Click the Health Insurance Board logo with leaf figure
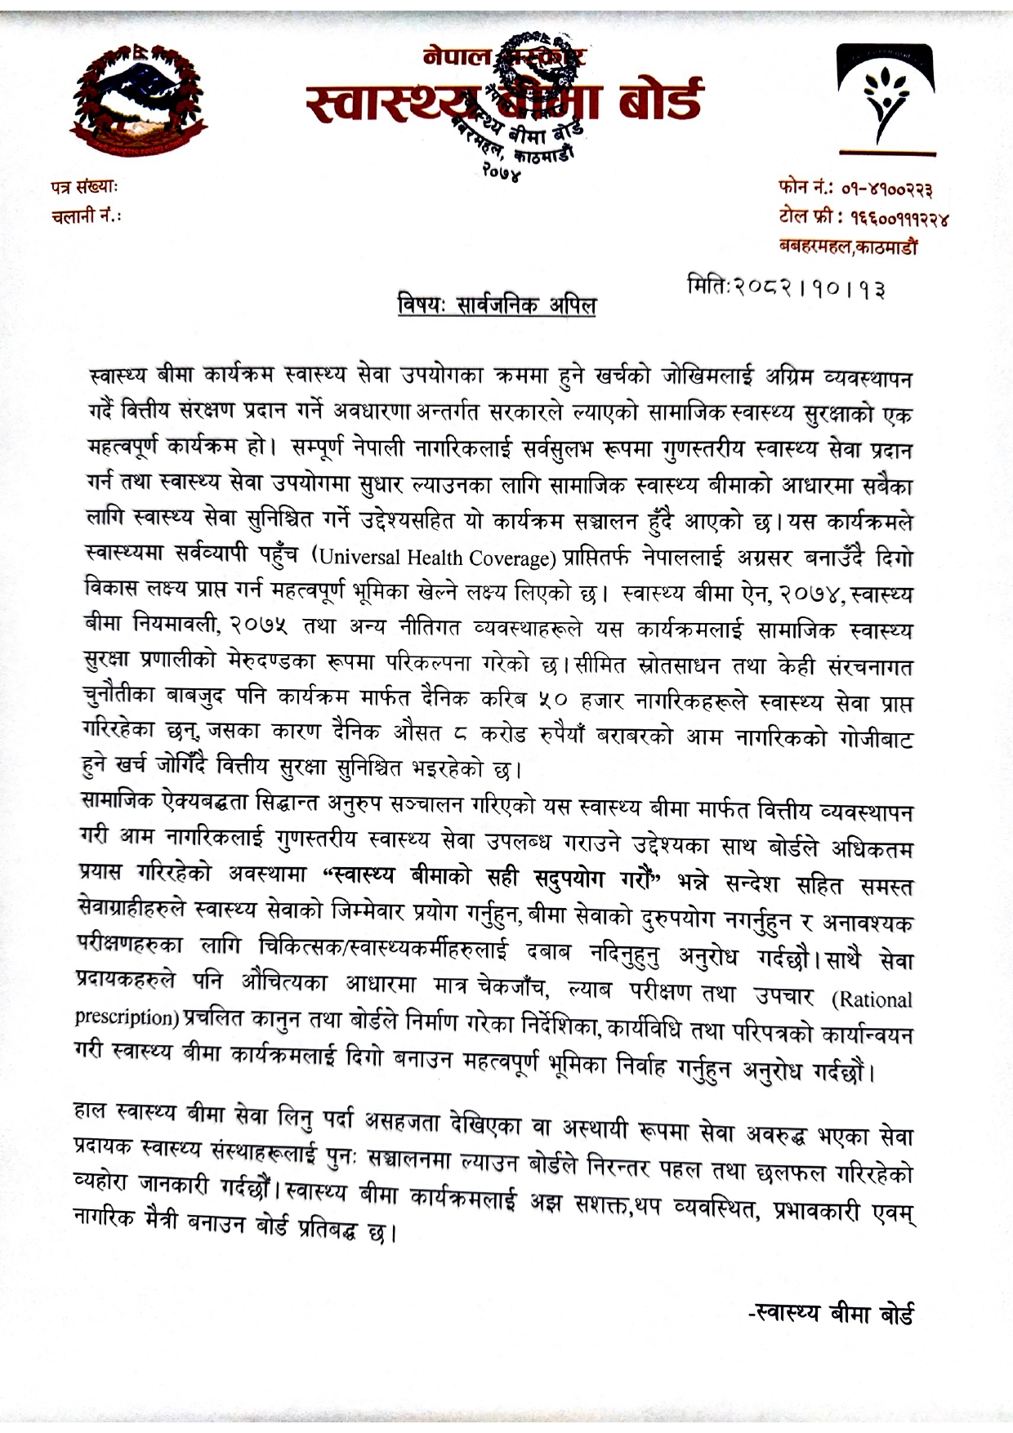886,101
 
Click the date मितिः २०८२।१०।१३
787,288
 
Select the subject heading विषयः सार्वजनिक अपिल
497,307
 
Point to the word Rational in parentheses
875,999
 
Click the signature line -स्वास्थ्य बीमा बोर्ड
831,1314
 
